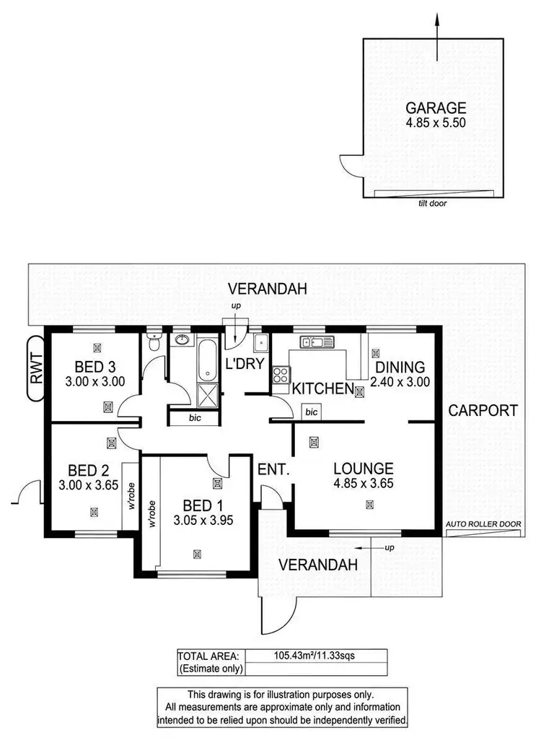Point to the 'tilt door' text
431,204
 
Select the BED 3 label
96,365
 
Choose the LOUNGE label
364,468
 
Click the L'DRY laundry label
243,364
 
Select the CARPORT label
483,410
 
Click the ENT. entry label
273,469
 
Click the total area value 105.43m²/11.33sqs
315,656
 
